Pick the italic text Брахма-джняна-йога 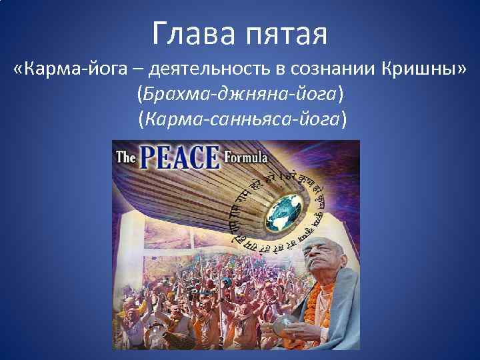(x=240, y=94)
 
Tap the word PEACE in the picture (x=178, y=158)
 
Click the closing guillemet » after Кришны (x=461, y=69)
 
